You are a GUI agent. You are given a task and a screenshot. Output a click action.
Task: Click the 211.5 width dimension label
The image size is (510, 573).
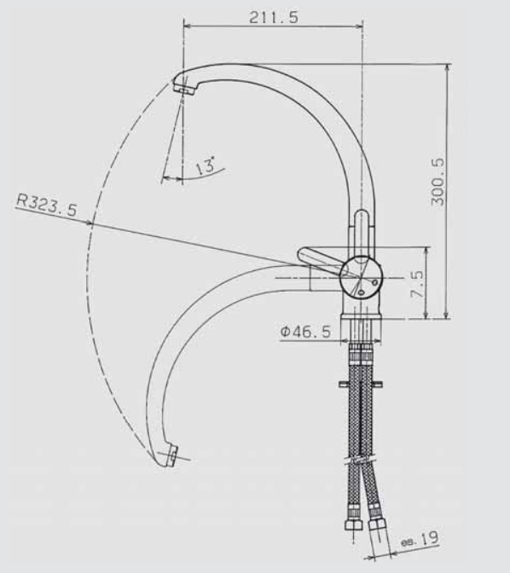[274, 17]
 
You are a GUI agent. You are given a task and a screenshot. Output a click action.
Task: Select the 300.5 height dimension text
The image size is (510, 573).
[438, 182]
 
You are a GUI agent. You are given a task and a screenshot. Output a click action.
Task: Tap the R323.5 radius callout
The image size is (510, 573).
[47, 205]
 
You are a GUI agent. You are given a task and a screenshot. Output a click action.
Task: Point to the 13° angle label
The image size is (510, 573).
[206, 165]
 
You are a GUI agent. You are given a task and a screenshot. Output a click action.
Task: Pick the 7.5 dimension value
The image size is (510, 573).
[417, 284]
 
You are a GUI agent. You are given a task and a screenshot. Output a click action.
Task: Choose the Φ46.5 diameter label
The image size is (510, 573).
[305, 332]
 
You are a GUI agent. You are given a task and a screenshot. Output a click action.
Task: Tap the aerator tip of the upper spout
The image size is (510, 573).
[184, 88]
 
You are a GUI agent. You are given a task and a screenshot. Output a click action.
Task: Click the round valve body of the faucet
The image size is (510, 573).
[362, 277]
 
